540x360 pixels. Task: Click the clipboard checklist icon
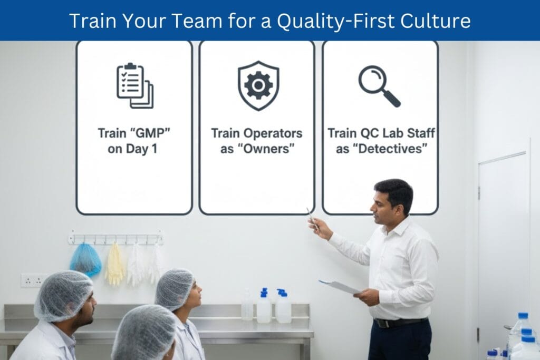click(x=134, y=85)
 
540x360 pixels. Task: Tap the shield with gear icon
click(x=258, y=85)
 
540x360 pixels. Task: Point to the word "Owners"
click(x=273, y=149)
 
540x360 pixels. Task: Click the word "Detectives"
click(x=390, y=149)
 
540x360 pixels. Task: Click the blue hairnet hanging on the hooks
click(x=85, y=259)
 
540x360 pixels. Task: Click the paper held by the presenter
click(x=340, y=286)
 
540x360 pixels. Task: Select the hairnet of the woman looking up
click(x=174, y=288)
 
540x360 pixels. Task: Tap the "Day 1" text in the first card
click(x=141, y=149)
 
